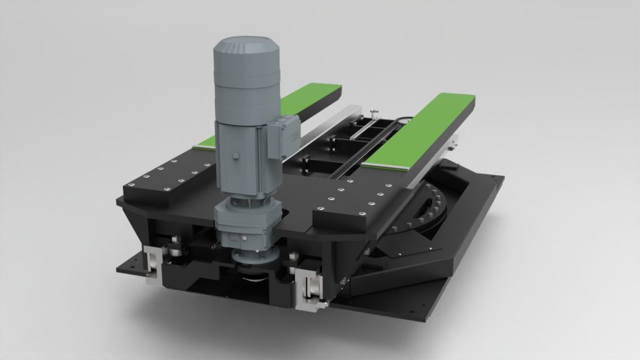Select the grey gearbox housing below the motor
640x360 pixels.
tap(246, 221)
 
